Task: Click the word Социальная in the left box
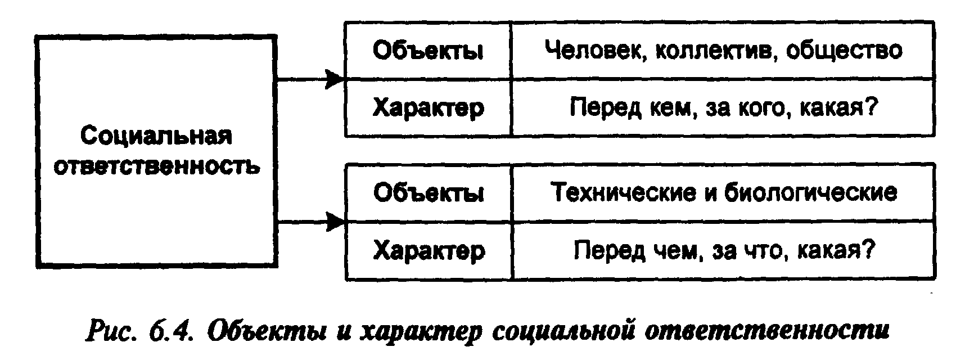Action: (x=156, y=137)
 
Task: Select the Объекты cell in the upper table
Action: (x=427, y=51)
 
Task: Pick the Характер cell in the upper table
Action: (x=427, y=107)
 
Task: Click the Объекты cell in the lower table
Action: (x=427, y=193)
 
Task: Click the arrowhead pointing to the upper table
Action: (x=335, y=79)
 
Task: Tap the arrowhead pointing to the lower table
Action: (x=335, y=222)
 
